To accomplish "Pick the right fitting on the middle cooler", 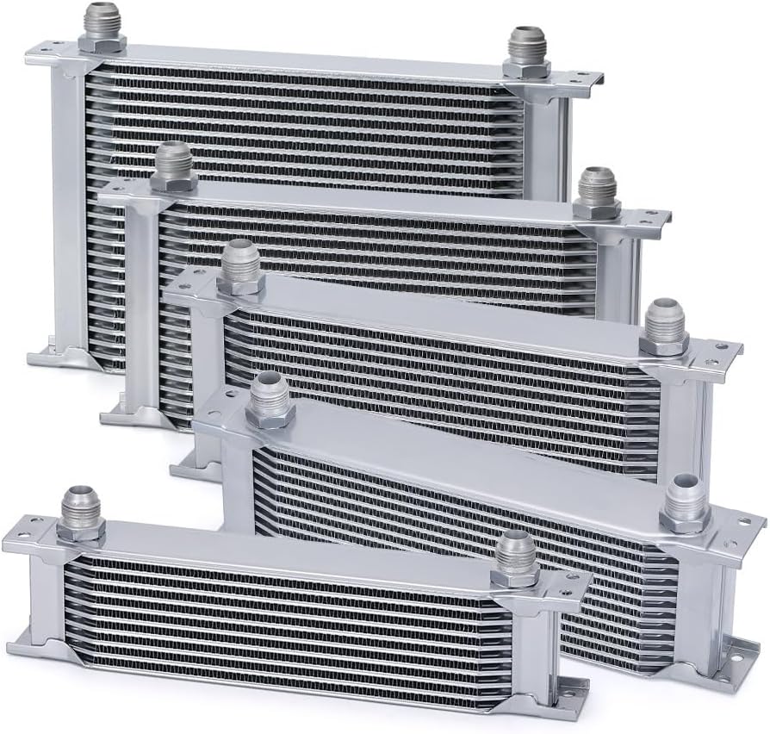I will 664,327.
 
